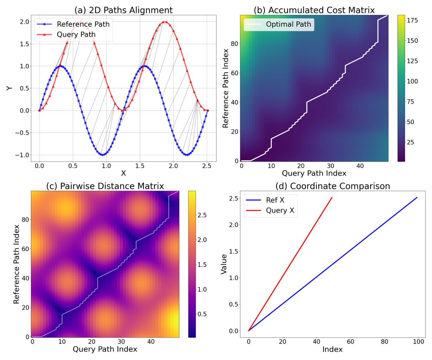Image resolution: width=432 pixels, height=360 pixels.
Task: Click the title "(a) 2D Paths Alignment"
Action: click(x=123, y=10)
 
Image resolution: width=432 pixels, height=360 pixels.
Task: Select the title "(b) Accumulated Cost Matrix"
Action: click(x=314, y=10)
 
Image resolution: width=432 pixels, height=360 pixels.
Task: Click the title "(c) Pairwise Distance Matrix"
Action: click(x=105, y=186)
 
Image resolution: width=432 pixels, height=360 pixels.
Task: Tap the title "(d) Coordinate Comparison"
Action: click(x=332, y=186)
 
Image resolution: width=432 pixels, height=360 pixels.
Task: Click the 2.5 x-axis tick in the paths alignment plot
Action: click(x=207, y=166)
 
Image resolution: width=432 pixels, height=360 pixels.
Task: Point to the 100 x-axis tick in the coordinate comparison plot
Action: click(x=419, y=342)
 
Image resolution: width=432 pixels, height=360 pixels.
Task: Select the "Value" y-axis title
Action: click(x=224, y=264)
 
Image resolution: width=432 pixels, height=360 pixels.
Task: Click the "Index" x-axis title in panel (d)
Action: click(x=332, y=350)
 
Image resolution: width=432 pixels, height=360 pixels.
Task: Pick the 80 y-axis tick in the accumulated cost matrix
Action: click(x=234, y=44)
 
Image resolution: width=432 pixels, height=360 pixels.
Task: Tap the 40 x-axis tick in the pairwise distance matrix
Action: click(x=151, y=342)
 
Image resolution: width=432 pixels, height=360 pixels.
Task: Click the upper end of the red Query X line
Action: click(x=332, y=198)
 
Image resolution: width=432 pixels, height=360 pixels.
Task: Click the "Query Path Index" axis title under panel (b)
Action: click(x=314, y=173)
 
